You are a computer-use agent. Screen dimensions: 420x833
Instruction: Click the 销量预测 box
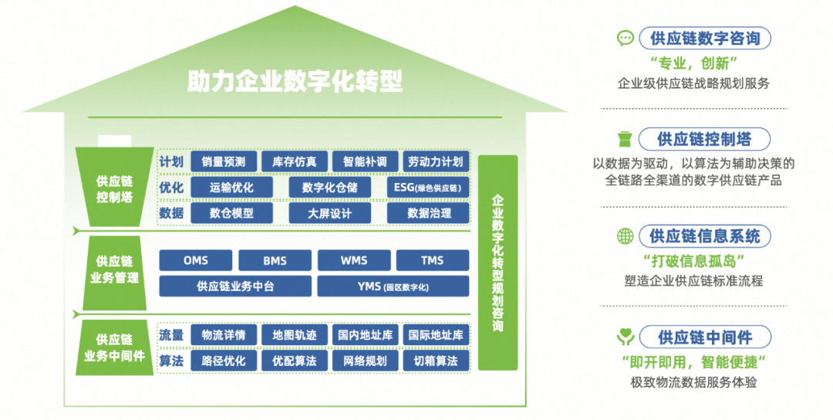coord(223,161)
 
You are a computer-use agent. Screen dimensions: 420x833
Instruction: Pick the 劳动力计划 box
coord(436,161)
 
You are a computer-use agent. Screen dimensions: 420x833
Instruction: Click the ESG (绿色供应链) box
coord(427,187)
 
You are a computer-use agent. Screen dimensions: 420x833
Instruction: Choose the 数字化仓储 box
coord(329,187)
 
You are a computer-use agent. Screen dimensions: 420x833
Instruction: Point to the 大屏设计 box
coord(329,213)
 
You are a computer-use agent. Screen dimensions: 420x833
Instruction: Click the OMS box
coord(196,260)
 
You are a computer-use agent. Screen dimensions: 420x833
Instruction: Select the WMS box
coord(353,260)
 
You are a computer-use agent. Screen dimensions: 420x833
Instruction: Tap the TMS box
coord(432,260)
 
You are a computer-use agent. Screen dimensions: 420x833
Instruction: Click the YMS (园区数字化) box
coord(393,286)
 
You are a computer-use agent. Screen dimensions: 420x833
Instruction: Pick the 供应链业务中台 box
coord(235,286)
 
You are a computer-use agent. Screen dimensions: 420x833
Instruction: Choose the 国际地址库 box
coord(436,335)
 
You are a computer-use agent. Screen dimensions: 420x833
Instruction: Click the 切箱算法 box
coord(436,361)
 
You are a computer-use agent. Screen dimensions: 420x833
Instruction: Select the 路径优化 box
coord(223,361)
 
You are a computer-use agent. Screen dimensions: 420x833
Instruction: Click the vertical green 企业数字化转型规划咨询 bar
coord(497,262)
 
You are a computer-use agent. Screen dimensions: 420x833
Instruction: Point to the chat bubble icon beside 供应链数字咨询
coord(626,38)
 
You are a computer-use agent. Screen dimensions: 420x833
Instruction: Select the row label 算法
coord(171,361)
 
